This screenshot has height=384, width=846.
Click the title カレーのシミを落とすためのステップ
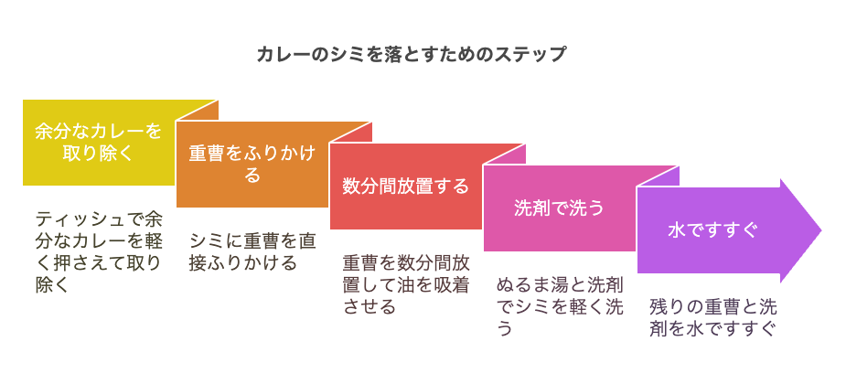tap(412, 55)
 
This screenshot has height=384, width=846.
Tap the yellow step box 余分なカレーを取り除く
tap(99, 143)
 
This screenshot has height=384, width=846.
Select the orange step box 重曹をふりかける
tap(252, 164)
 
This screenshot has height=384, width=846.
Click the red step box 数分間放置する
tap(406, 187)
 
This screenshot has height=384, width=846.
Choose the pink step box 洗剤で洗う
tap(560, 208)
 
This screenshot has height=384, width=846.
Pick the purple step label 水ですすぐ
tap(712, 230)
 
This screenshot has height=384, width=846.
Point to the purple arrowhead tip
tap(821, 230)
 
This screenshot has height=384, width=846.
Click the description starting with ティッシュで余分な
tap(99, 252)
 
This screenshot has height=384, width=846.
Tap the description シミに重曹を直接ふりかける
tap(252, 251)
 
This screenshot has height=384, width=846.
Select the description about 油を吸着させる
tap(406, 284)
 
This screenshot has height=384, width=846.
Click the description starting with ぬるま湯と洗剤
tap(560, 306)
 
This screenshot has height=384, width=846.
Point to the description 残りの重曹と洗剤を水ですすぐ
tap(712, 317)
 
